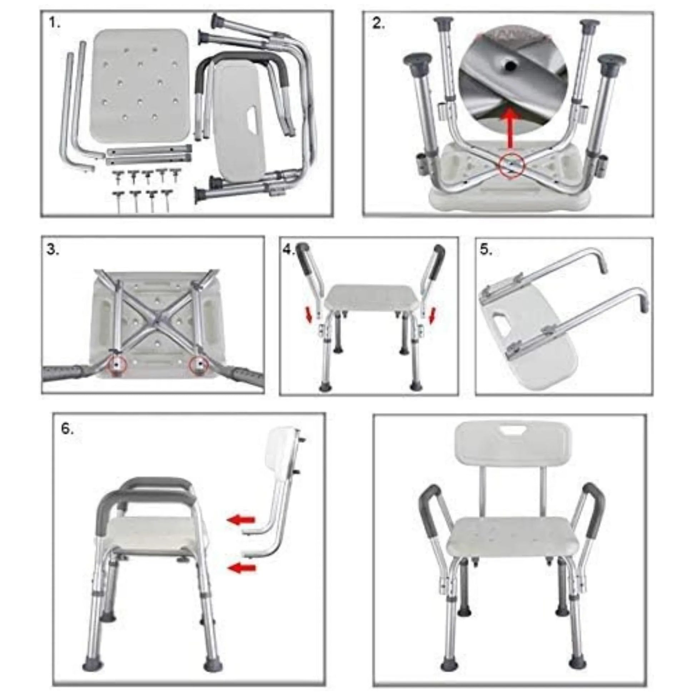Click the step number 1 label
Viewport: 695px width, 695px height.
coord(55,24)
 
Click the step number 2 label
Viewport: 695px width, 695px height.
coord(379,24)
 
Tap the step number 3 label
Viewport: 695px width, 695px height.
coord(53,250)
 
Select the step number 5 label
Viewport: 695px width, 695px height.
coord(486,250)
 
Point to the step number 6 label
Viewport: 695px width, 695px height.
coord(67,429)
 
